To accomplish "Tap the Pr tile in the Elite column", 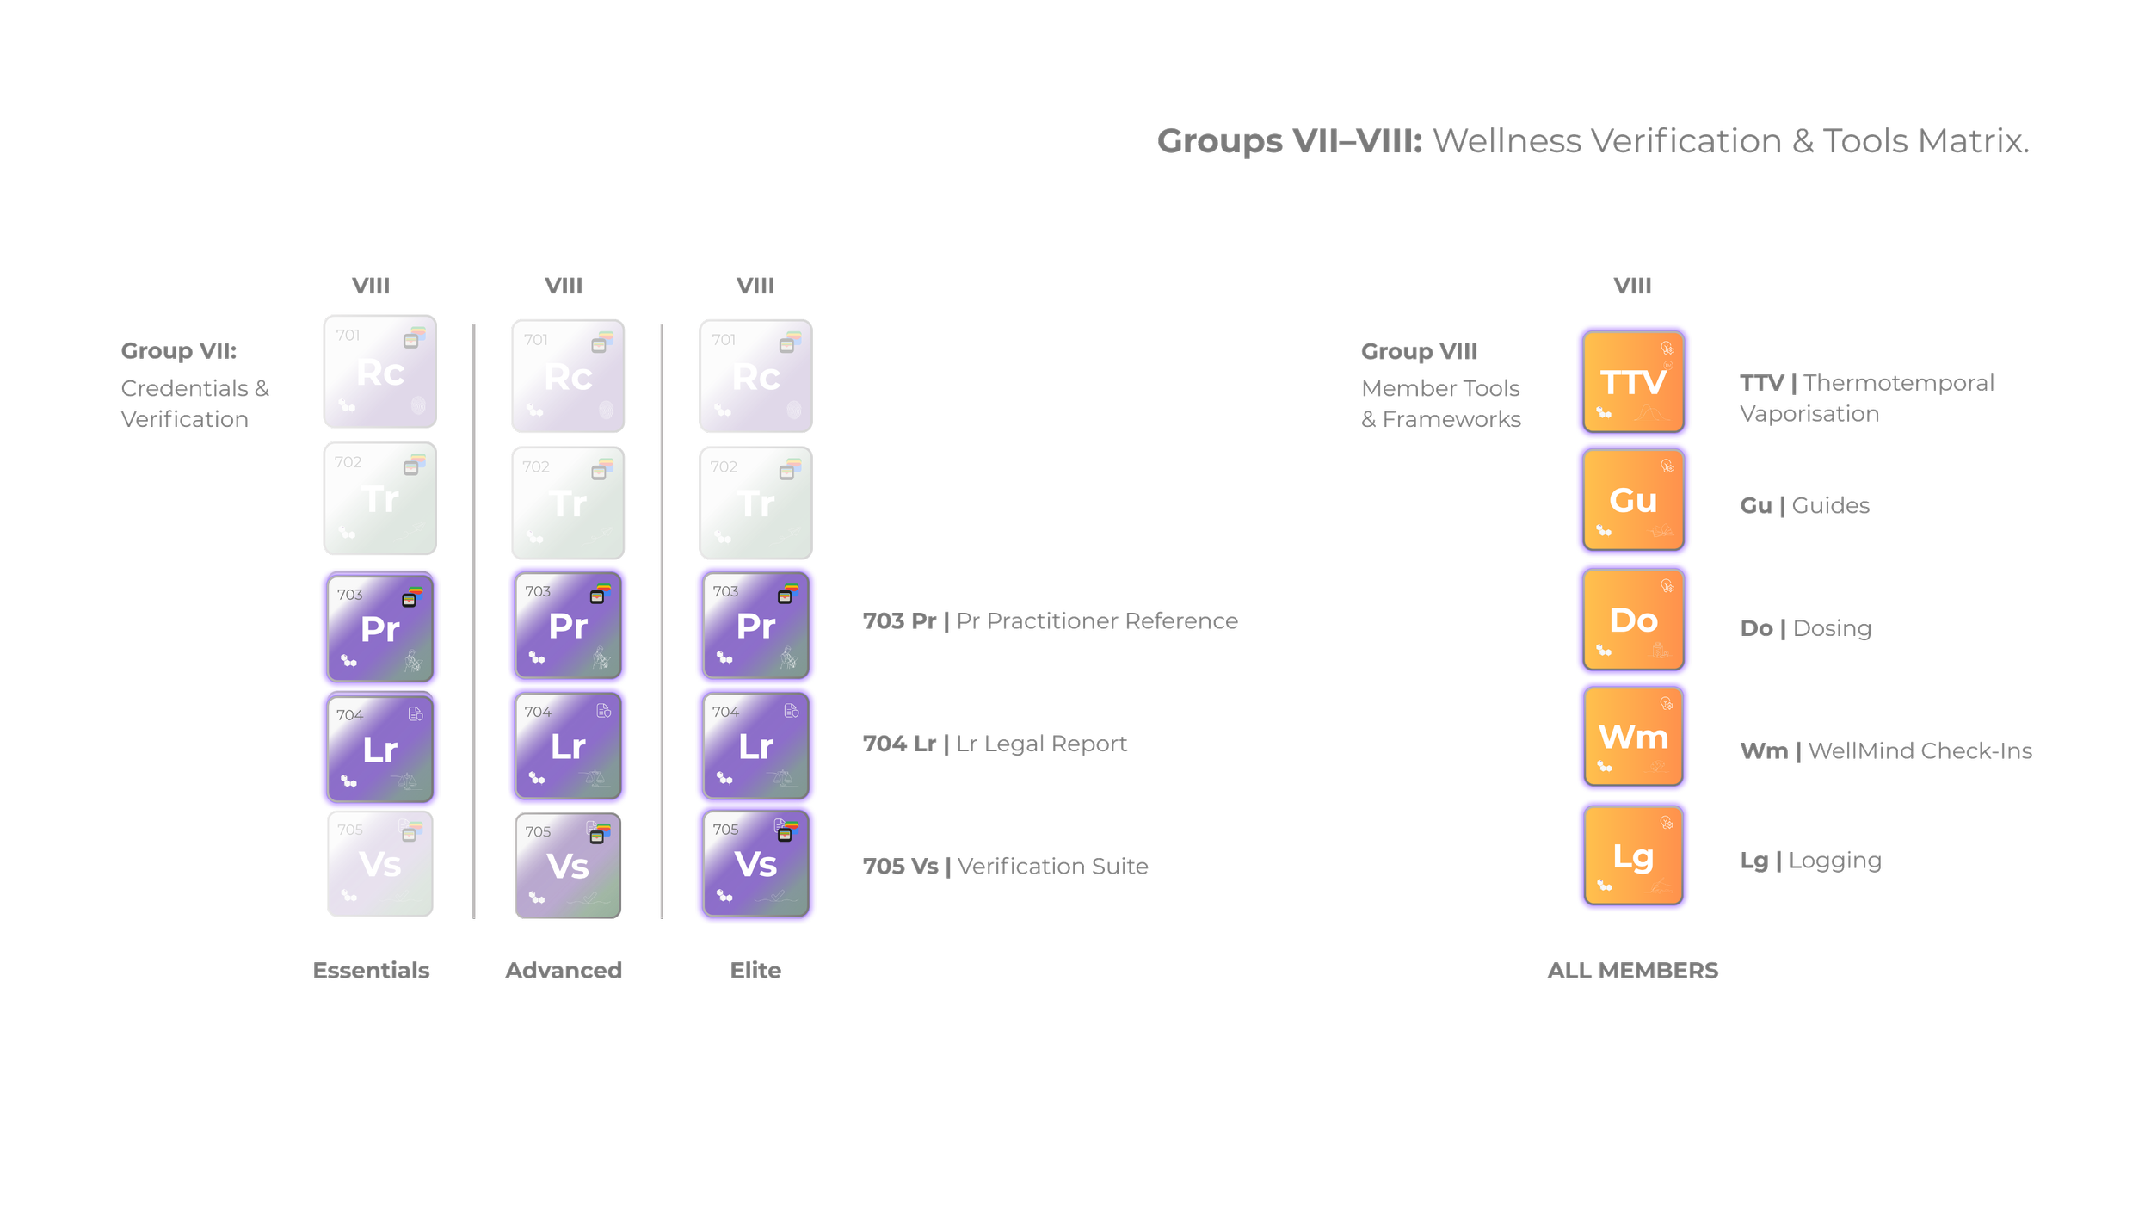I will tap(755, 626).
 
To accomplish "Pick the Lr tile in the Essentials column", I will tap(380, 749).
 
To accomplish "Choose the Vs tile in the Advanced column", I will tap(568, 866).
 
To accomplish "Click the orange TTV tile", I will tap(1633, 382).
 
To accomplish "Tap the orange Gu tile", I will tap(1633, 500).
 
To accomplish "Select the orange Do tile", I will tap(1633, 620).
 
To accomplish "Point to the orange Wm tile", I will tap(1633, 737).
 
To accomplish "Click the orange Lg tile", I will tap(1633, 856).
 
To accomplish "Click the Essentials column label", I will tap(372, 971).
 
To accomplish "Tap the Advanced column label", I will tap(564, 971).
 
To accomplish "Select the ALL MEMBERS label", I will tap(1632, 971).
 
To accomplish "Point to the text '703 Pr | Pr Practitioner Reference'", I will tap(1050, 621).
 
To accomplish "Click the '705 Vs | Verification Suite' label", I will tap(1005, 867).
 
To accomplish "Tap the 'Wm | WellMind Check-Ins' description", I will tap(1886, 751).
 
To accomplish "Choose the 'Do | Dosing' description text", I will tap(1805, 628).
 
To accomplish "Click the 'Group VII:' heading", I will tap(178, 351).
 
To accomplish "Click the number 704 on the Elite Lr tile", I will tap(725, 712).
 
